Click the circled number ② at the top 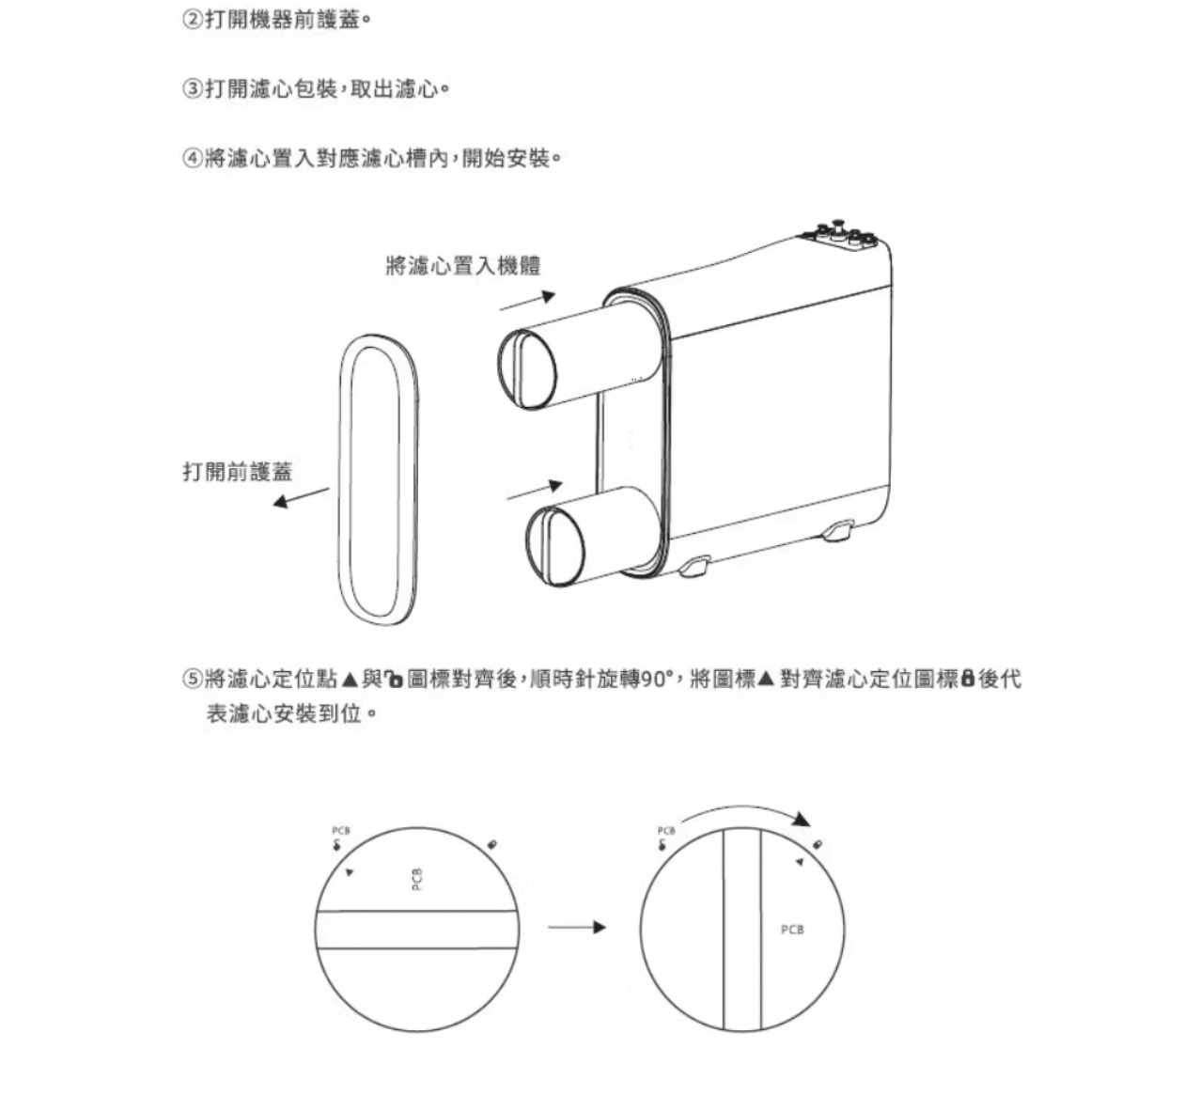(192, 21)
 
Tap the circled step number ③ (192, 89)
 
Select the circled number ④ (192, 159)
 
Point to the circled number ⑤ (192, 680)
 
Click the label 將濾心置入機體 (463, 266)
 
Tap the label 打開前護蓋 (238, 472)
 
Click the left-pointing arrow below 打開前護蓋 (301, 498)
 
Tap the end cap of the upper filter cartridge (527, 369)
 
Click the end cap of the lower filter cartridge (555, 546)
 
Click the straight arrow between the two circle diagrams (577, 927)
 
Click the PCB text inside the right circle (792, 930)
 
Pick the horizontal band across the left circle (416, 929)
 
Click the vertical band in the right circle (742, 929)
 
